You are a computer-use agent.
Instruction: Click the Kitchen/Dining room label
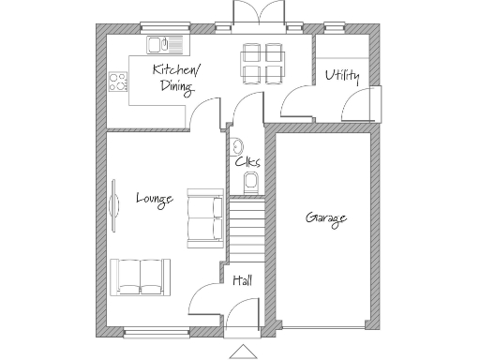[176, 79]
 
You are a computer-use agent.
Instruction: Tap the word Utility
[342, 76]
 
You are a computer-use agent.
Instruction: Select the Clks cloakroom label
[247, 162]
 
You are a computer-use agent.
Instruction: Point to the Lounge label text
[154, 198]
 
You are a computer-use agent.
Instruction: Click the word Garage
[326, 218]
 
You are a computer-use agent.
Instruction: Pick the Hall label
[242, 279]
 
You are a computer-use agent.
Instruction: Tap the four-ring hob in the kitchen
[119, 82]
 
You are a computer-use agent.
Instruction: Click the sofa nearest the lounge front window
[141, 276]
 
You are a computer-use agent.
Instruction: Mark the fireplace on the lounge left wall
[113, 207]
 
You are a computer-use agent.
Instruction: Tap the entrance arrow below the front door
[244, 352]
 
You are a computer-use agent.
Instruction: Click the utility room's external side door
[374, 104]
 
